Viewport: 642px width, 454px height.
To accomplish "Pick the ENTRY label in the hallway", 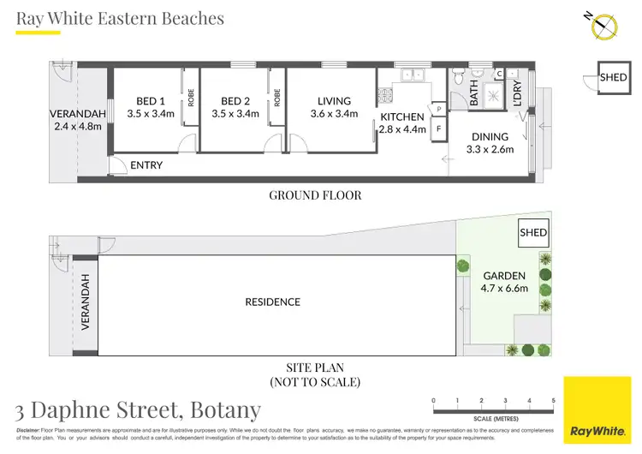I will [146, 165].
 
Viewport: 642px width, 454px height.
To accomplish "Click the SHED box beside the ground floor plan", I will [613, 77].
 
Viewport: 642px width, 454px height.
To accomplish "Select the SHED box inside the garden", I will [534, 232].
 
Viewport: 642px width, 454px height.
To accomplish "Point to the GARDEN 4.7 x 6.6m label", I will [505, 282].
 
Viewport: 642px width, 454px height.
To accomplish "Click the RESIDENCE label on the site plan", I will [273, 302].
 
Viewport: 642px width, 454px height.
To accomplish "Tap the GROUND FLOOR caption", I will [315, 195].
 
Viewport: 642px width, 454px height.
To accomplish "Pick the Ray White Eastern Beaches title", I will [120, 18].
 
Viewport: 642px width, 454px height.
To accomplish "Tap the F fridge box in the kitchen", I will [439, 129].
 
